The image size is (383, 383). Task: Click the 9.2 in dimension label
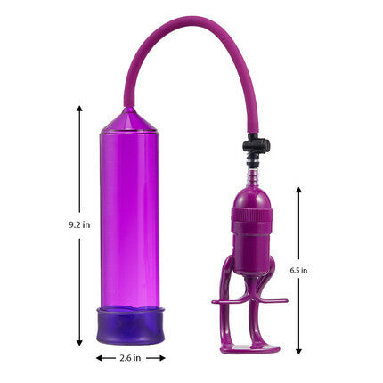click(x=79, y=224)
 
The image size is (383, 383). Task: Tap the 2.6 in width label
click(x=130, y=358)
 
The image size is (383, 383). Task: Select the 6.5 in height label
click(x=298, y=271)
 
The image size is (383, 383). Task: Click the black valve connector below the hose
click(x=257, y=145)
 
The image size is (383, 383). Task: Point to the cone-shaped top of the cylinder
click(x=129, y=119)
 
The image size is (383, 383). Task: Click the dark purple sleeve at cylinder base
click(x=130, y=326)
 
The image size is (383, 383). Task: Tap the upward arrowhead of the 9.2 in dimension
click(x=79, y=108)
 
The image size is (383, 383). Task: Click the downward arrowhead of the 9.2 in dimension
click(x=79, y=343)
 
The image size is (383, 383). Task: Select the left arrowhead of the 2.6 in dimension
click(x=99, y=358)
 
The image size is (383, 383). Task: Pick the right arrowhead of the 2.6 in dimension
click(x=162, y=358)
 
